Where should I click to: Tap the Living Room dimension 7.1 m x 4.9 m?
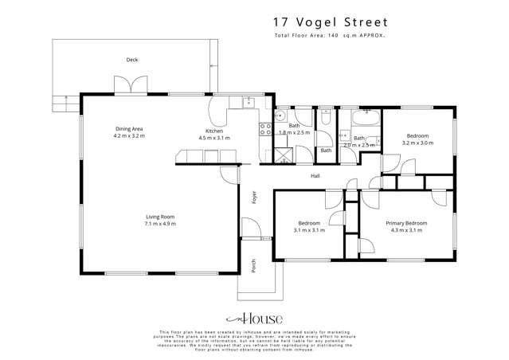[160, 225]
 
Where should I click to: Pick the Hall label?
[315, 175]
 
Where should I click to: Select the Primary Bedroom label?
[406, 223]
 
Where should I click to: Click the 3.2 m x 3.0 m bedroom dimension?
[417, 143]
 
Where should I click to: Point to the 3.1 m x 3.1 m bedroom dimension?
[309, 230]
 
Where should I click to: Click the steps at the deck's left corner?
[62, 101]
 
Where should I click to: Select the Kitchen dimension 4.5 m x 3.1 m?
[214, 138]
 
